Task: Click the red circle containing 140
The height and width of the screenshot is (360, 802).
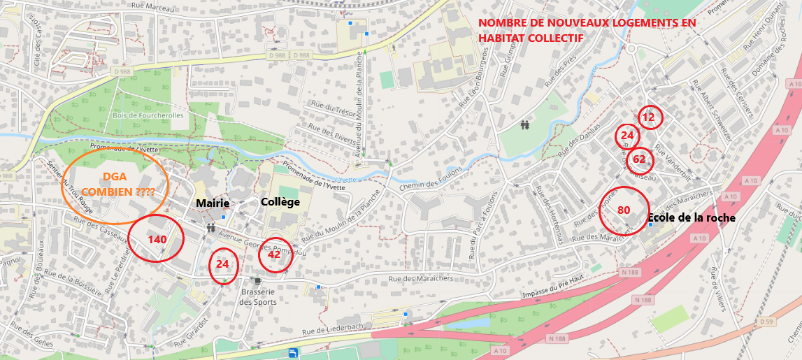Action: tap(156, 238)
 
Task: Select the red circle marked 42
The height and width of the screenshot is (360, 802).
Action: tap(274, 255)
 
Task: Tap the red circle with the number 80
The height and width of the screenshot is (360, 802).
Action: tap(624, 210)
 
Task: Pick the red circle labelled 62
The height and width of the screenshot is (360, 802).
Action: tap(639, 159)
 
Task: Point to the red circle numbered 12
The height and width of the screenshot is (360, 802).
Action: tap(649, 117)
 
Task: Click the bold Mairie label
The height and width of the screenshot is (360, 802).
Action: tap(213, 203)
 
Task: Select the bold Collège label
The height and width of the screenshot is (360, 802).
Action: tap(280, 202)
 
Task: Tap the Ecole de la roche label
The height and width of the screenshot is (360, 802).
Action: tap(692, 217)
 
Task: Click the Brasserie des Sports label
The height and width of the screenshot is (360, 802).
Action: tap(258, 297)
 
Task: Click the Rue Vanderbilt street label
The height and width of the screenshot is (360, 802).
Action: tap(673, 154)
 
